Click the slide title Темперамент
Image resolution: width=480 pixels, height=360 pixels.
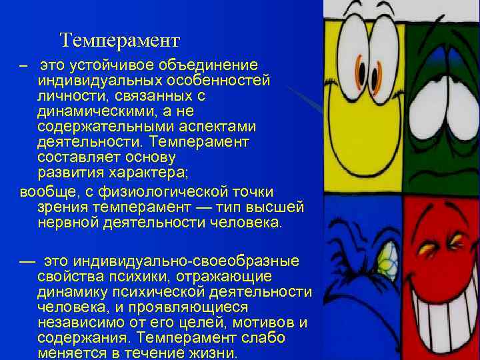point(119,41)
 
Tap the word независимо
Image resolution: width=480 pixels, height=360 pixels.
point(87,323)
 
